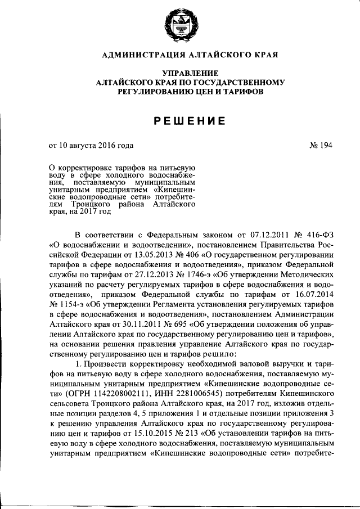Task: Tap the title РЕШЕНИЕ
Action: pyautogui.click(x=179, y=120)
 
